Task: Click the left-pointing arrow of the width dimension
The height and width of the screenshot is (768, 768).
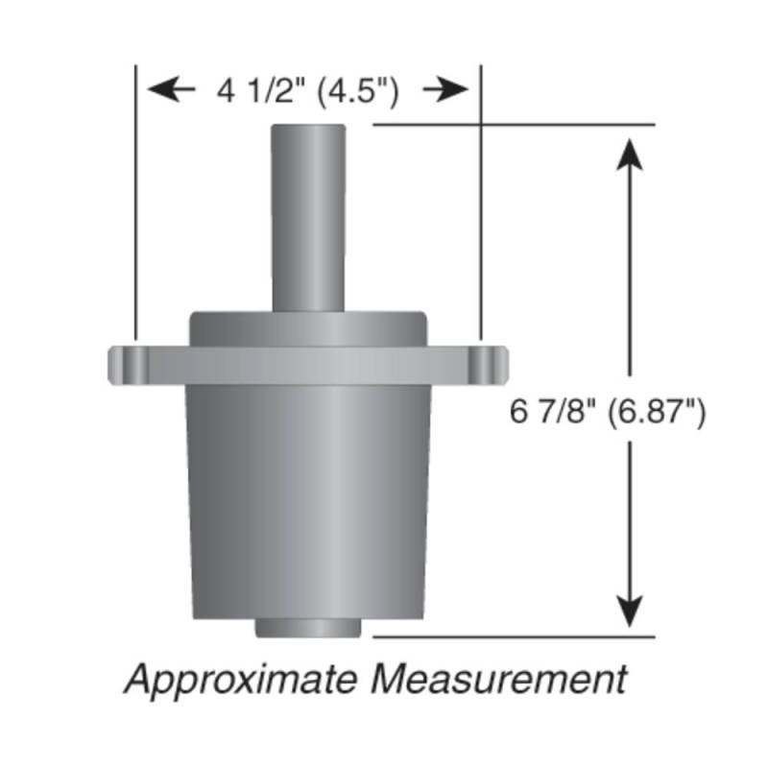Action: pos(171,89)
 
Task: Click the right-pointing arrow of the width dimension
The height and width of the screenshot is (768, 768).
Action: pos(445,89)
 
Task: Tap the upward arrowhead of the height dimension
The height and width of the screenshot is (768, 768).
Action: pos(630,155)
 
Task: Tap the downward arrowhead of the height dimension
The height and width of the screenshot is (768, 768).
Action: pos(630,612)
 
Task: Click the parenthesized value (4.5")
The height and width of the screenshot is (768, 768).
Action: pos(358,91)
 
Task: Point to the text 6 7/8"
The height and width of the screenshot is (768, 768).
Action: pos(553,411)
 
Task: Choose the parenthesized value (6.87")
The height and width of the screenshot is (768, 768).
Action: pos(657,412)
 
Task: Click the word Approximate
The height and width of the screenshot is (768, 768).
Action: pos(241,680)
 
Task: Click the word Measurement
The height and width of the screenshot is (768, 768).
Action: pos(498,679)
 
